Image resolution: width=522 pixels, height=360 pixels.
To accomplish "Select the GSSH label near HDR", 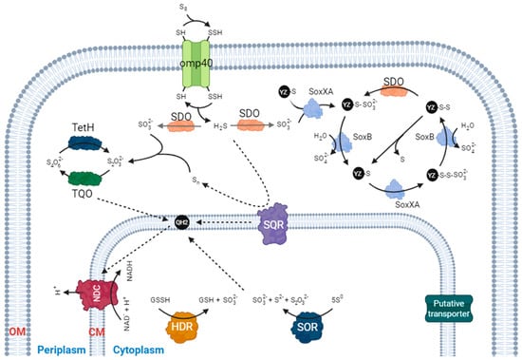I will click(x=158, y=297).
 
